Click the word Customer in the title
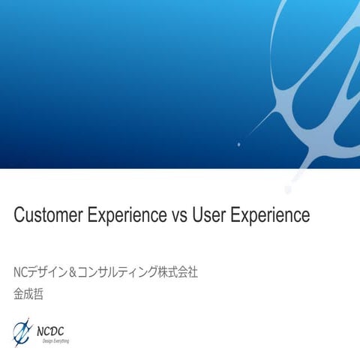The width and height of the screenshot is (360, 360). click(47, 216)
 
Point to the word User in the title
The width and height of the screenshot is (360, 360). click(208, 216)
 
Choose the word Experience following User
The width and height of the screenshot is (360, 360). click(270, 216)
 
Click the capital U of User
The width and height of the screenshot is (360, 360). click(197, 216)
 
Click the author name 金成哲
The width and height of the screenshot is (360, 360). click(29, 294)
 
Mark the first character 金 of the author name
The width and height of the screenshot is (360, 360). click(19, 294)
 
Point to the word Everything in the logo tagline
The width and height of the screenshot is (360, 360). click(62, 340)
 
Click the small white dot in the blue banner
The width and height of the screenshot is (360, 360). click(238, 144)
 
